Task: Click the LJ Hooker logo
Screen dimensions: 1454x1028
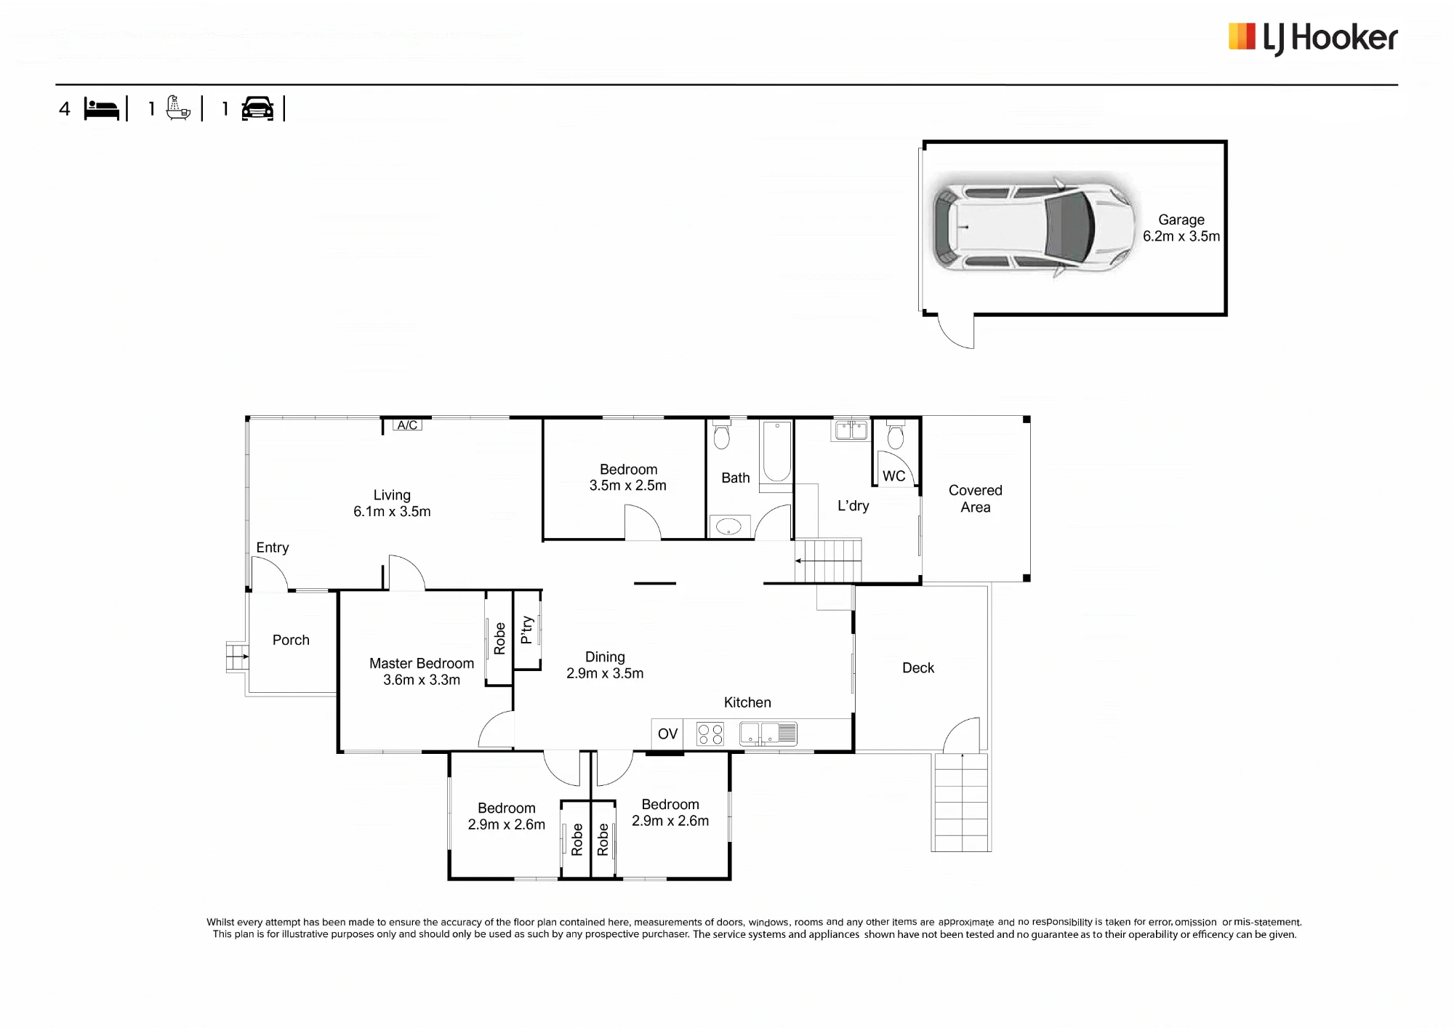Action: coord(1313,39)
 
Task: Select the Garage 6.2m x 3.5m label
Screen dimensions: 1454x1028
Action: coord(1181,228)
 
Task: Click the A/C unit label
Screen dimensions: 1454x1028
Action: coord(407,425)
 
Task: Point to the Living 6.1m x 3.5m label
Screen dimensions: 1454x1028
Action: coord(392,503)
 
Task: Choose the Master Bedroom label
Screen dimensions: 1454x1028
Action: coord(422,671)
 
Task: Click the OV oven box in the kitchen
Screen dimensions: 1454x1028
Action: coord(667,734)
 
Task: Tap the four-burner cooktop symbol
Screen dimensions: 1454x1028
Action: coord(710,734)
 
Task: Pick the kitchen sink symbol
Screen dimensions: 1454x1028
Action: coord(768,734)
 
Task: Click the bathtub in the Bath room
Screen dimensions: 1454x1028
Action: coord(776,451)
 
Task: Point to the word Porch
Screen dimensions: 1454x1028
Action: coord(291,640)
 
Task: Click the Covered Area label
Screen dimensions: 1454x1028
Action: coord(976,499)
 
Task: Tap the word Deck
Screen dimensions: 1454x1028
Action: coord(918,667)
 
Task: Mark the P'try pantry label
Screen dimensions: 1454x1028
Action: coord(527,630)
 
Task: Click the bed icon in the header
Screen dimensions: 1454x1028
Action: coord(101,109)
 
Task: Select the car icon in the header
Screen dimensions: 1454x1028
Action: coord(257,108)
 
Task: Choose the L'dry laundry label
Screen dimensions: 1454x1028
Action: coord(853,505)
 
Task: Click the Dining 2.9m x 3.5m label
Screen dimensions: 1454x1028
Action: coord(605,665)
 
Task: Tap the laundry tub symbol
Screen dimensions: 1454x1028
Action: coord(851,430)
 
